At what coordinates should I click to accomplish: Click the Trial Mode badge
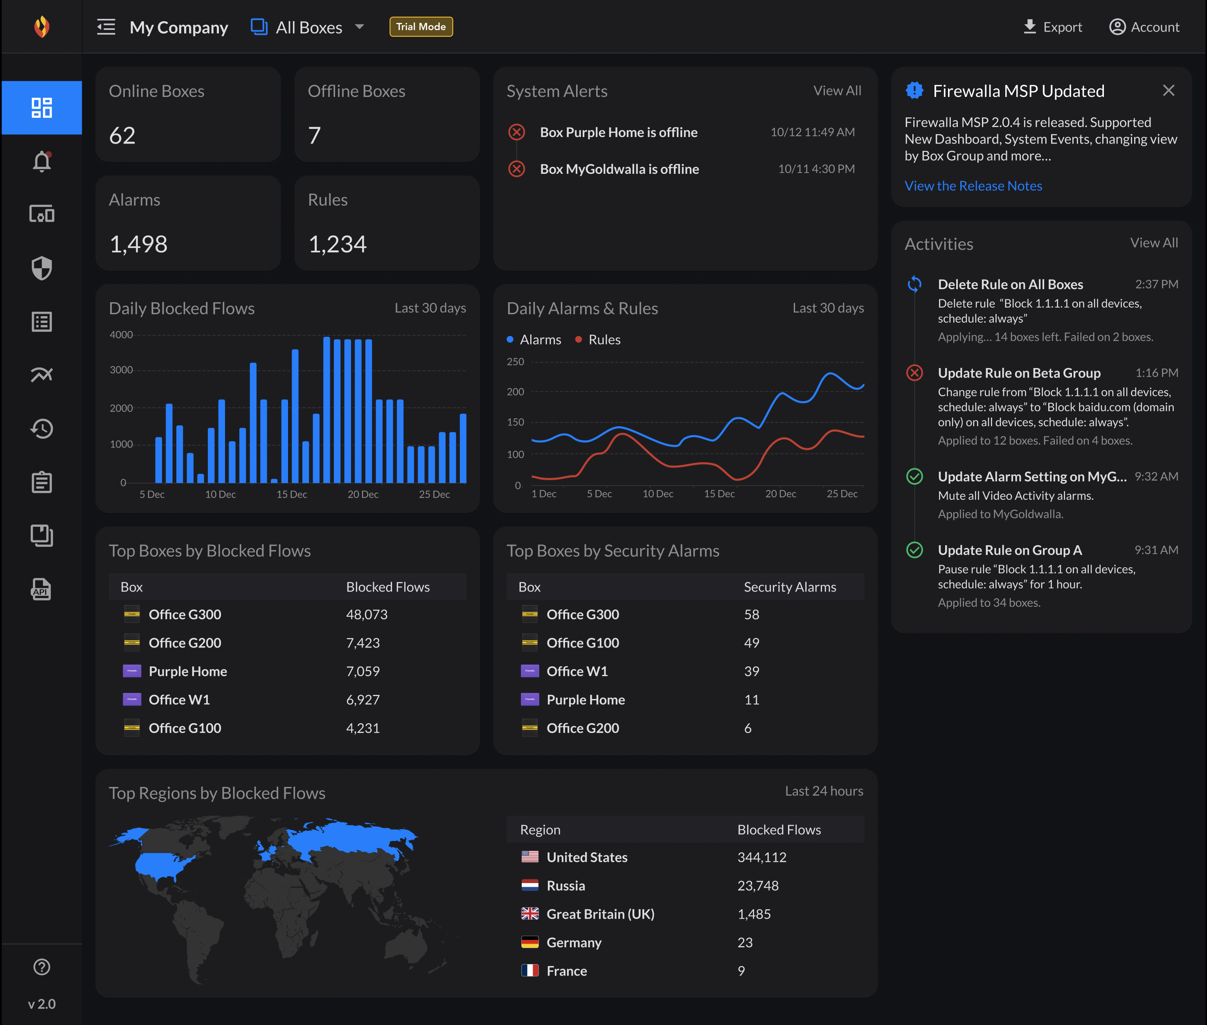coord(421,27)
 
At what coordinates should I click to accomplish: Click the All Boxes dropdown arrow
coord(360,27)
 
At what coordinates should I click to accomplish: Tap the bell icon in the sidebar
coord(42,162)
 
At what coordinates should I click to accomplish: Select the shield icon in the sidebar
coord(42,268)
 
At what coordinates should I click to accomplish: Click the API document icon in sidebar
coord(42,589)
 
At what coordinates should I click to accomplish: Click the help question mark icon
coord(42,967)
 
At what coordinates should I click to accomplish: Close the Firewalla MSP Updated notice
coord(1168,91)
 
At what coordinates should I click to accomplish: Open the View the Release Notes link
coord(973,186)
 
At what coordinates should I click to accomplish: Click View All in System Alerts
coord(837,91)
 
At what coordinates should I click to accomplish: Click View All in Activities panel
coord(1153,243)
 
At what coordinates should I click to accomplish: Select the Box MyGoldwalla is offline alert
coord(619,169)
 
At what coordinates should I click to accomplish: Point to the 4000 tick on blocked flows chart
coord(121,335)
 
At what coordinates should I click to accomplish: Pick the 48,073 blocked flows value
coord(367,614)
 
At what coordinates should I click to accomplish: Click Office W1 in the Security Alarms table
coord(576,671)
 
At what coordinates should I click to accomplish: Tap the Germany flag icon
coord(529,942)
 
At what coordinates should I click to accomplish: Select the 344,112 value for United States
coord(761,857)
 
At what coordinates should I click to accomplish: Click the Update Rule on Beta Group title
coord(1019,373)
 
